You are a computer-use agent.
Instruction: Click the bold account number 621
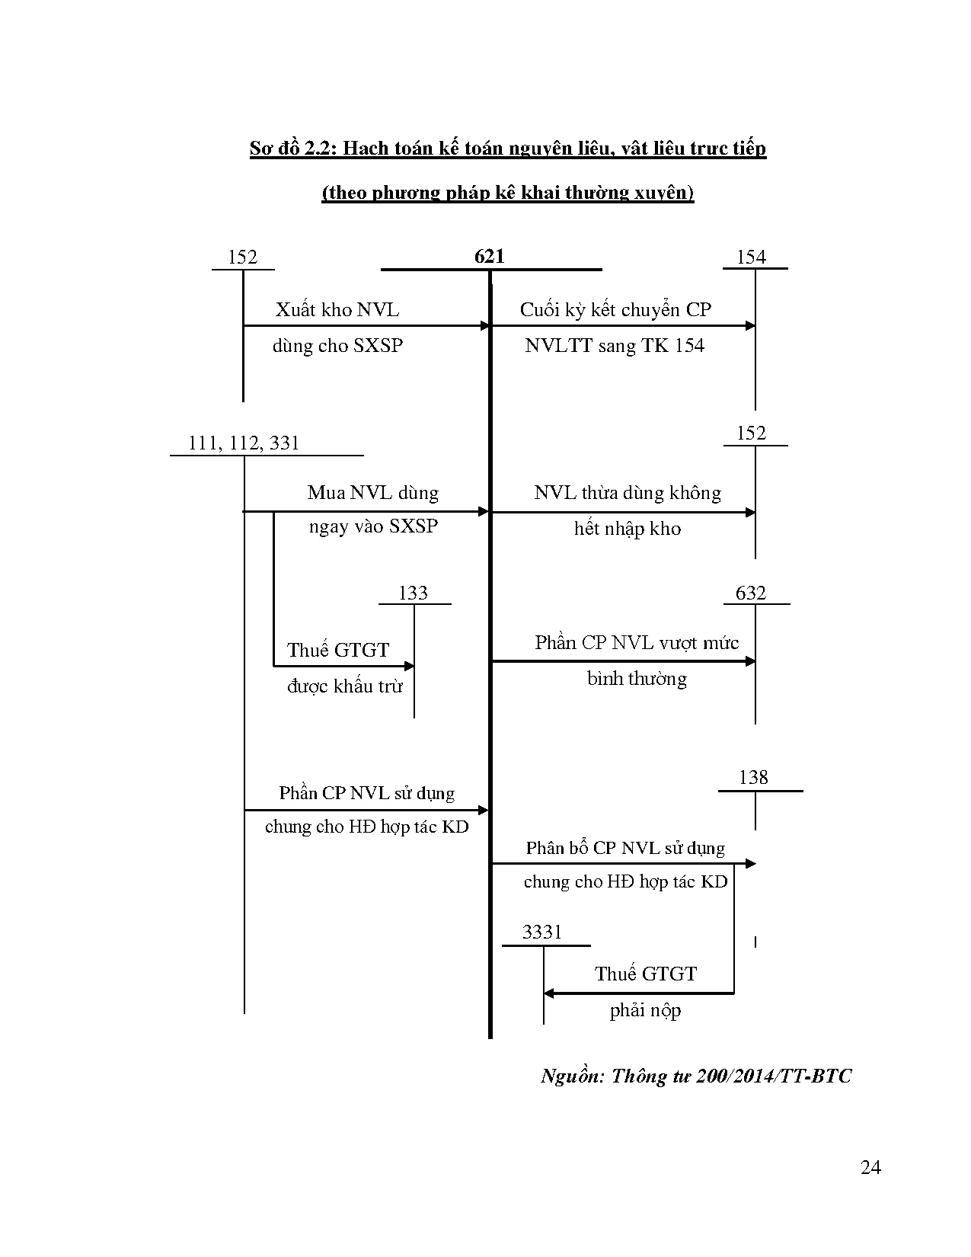[x=489, y=257]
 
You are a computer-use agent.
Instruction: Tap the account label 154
[x=751, y=257]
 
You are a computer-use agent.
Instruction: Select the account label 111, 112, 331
[x=244, y=443]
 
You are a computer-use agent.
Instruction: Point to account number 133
[x=414, y=593]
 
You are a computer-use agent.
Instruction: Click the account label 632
[x=751, y=593]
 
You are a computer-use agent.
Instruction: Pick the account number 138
[x=753, y=778]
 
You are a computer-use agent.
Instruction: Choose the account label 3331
[x=542, y=932]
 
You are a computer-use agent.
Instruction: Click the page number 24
[x=870, y=1168]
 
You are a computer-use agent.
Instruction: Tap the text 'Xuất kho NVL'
[x=337, y=310]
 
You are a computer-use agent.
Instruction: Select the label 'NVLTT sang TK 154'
[x=615, y=346]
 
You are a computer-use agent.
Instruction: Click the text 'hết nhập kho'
[x=628, y=529]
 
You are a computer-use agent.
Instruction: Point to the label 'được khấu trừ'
[x=344, y=686]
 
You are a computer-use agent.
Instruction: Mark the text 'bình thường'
[x=637, y=679]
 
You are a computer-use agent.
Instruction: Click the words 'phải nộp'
[x=645, y=1011]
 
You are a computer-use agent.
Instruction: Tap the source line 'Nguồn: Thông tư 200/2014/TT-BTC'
[x=696, y=1076]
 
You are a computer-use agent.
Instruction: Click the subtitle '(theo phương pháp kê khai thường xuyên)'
[x=508, y=193]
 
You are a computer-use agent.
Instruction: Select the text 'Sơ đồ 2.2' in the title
[x=292, y=149]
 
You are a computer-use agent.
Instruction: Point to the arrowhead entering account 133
[x=409, y=666]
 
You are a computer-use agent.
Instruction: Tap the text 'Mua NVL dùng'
[x=372, y=493]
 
